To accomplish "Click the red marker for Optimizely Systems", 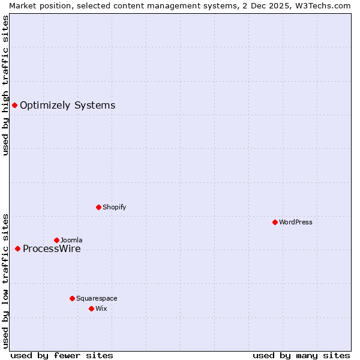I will (14, 106).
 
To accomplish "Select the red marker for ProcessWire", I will (17, 249).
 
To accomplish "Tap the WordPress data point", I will (275, 223).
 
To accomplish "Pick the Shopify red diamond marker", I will (98, 208).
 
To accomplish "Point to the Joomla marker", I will (56, 241).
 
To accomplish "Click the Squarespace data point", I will (72, 299).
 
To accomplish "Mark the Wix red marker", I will (91, 309).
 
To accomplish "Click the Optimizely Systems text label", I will (67, 106).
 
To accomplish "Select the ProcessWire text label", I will (52, 249).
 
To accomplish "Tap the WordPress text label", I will (296, 223).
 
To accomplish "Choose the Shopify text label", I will (114, 208).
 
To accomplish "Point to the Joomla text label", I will (71, 241).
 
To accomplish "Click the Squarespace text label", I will (97, 299).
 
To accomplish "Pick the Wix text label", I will (101, 309).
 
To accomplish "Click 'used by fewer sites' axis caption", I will (62, 355).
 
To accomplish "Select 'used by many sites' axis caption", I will (301, 355).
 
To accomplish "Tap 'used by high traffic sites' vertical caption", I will (6, 85).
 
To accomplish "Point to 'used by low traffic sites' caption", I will (6, 280).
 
